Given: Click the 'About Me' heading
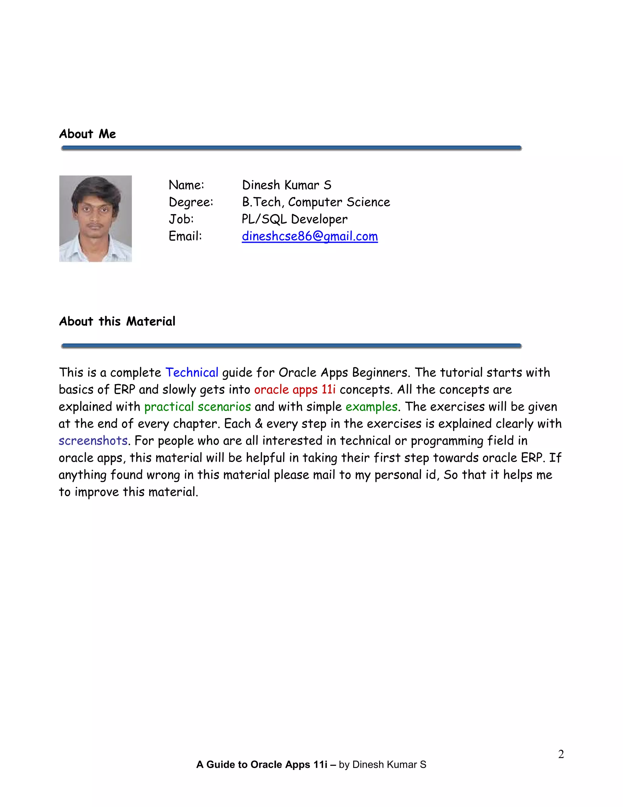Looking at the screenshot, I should [88, 134].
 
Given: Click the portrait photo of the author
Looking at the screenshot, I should [96, 219].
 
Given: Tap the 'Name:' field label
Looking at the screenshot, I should [186, 185].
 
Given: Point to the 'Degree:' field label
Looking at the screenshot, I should [191, 202].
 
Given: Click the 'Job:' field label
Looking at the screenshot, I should [181, 219].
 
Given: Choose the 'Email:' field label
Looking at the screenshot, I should [185, 236].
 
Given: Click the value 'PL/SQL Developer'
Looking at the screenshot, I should [294, 219].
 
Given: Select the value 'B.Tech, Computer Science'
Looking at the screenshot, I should [316, 202].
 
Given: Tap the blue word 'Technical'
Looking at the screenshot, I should [192, 372].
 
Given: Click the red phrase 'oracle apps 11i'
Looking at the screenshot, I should [295, 389].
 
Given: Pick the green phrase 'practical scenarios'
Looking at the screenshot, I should [197, 407].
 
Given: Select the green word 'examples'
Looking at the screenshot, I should [371, 407].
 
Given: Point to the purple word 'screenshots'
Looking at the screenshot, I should [93, 440].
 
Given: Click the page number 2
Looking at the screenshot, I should [561, 754].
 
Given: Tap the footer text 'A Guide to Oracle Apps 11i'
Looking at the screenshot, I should [262, 764].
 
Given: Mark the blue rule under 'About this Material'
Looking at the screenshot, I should [291, 346].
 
